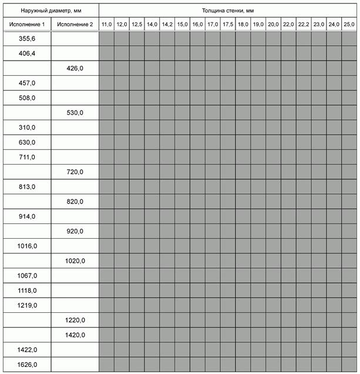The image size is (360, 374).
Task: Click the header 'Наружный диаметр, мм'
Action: point(50,10)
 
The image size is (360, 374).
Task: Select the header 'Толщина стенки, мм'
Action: point(228,10)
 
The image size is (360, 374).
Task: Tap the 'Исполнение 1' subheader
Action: point(27,24)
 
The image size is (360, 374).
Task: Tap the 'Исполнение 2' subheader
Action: point(75,24)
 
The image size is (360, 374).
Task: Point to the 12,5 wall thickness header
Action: point(137,24)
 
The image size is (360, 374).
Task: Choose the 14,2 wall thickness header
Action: point(167,24)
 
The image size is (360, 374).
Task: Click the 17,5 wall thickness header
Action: point(228,24)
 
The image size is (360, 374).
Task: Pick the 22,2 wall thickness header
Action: point(304,24)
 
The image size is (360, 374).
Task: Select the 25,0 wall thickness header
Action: point(349,24)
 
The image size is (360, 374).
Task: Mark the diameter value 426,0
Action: point(75,68)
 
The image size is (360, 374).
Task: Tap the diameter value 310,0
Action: point(27,128)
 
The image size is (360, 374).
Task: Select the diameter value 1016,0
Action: point(27,246)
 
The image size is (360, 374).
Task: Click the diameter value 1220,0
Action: point(75,320)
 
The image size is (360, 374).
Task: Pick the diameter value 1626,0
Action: point(27,365)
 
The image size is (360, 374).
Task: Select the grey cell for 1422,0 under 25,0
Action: point(349,350)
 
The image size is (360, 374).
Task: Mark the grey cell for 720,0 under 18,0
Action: point(243,172)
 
